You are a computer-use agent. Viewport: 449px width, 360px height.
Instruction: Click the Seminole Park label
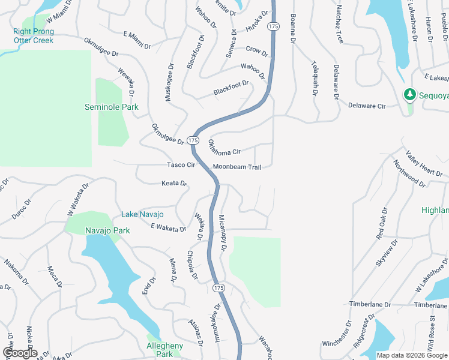[112, 107]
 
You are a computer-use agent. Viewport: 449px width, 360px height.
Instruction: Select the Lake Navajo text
[142, 214]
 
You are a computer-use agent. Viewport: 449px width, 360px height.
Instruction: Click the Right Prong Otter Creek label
[34, 36]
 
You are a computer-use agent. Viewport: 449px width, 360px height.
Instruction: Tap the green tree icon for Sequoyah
[410, 94]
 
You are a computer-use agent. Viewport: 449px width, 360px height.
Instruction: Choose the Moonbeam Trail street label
[237, 167]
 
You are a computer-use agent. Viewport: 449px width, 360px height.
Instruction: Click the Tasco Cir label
[181, 164]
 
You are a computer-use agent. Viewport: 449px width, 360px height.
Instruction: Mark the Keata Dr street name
[174, 183]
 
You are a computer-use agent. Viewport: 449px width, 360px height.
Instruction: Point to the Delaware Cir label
[367, 106]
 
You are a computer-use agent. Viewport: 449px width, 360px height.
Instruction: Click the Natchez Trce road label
[340, 25]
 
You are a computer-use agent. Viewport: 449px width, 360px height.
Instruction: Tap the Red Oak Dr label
[382, 224]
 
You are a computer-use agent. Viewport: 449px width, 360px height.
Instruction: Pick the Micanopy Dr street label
[222, 232]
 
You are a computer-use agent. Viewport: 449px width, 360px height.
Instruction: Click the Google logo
[19, 353]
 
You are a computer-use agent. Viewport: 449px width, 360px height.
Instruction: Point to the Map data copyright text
[412, 355]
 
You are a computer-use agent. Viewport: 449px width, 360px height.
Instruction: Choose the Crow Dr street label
[256, 49]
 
